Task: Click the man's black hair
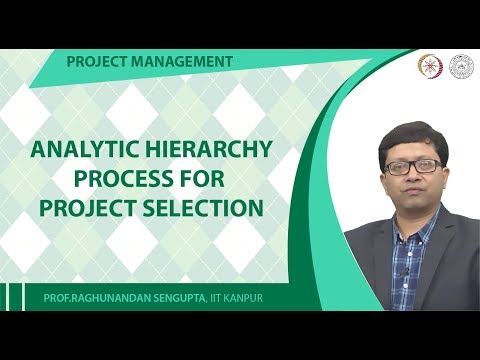(411, 135)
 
